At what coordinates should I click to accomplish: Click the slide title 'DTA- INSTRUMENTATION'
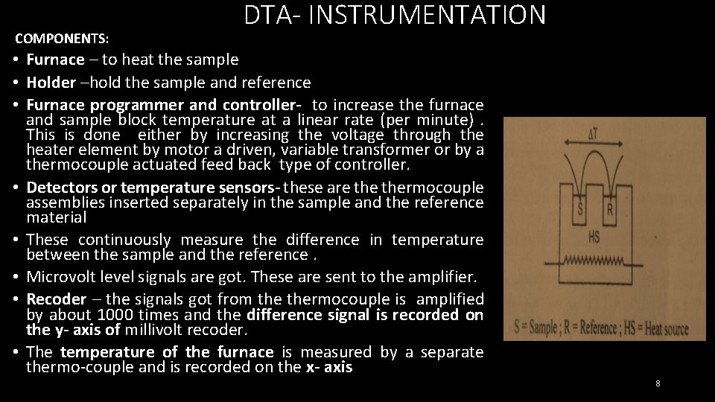point(395,15)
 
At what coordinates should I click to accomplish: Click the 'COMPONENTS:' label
point(62,37)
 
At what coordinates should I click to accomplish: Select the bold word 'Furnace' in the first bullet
point(55,60)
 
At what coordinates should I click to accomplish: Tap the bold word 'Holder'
point(51,83)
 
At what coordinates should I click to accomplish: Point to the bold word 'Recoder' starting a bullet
point(56,299)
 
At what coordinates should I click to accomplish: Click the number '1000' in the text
point(116,314)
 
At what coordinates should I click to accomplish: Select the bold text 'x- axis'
point(328,367)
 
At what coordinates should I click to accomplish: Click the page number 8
point(658,383)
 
